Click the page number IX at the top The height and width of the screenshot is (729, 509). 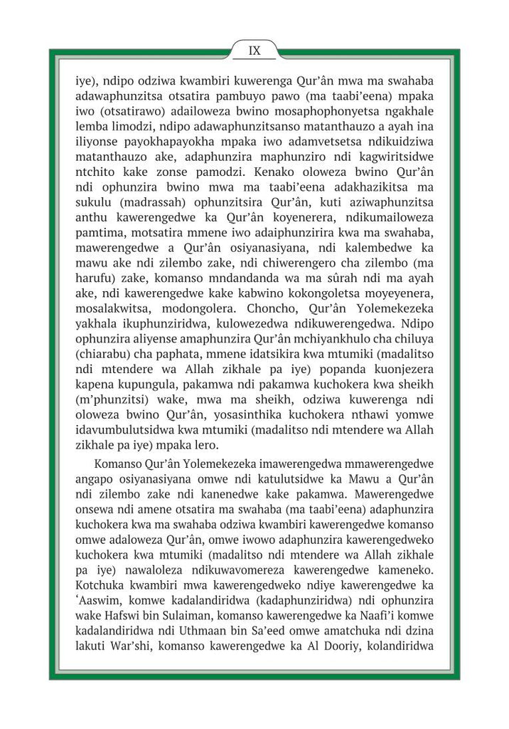click(x=254, y=51)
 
